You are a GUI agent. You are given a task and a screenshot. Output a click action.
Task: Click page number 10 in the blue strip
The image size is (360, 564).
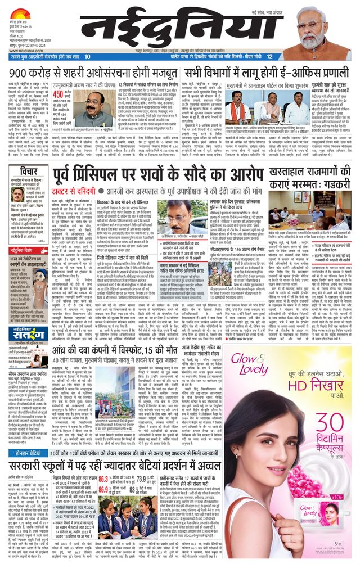[x=87, y=57]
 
